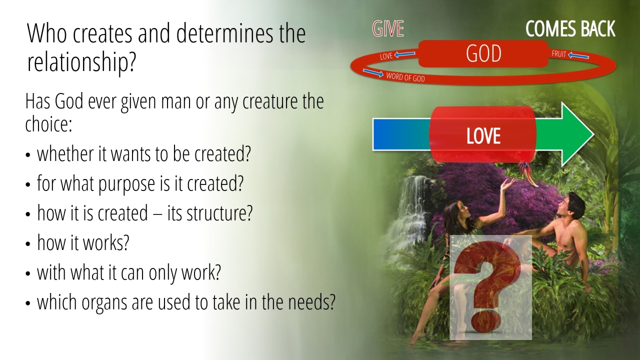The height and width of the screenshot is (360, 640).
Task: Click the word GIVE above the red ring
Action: click(x=388, y=29)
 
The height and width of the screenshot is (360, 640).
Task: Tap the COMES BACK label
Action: click(x=570, y=29)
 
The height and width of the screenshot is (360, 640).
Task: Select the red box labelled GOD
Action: click(x=483, y=53)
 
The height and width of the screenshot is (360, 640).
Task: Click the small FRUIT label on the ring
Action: click(x=559, y=54)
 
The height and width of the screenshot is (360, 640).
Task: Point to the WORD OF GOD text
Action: click(x=405, y=77)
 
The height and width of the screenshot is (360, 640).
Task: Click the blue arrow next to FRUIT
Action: click(x=578, y=55)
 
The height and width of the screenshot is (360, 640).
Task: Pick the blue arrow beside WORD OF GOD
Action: click(x=373, y=73)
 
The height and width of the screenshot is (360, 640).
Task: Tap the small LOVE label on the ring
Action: click(x=386, y=56)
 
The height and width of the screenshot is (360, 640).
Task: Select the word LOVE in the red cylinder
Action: click(x=483, y=135)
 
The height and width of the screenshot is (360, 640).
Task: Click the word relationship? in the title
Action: click(x=81, y=63)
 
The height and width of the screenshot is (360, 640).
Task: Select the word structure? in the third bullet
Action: click(x=219, y=213)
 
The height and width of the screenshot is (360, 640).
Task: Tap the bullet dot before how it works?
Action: click(x=27, y=244)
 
